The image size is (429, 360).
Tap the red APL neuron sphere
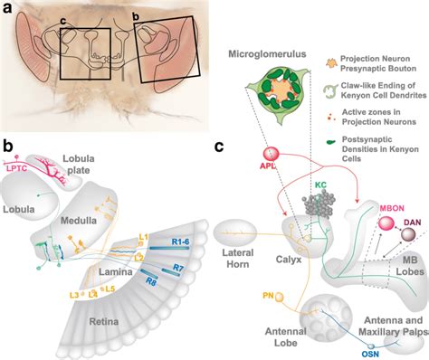[269, 156]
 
